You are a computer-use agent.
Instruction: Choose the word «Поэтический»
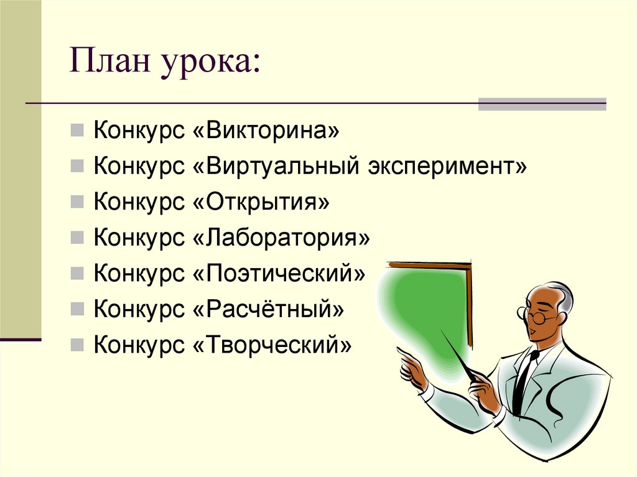click(x=276, y=273)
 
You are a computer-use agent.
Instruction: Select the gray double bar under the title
click(x=541, y=104)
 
